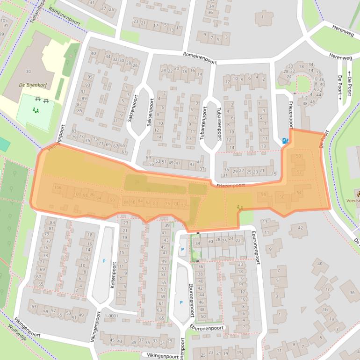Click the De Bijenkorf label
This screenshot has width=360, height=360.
click(28, 85)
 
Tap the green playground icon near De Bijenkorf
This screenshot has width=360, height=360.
click(35, 110)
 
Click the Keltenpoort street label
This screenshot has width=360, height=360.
click(114, 274)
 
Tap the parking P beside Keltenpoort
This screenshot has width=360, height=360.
click(104, 261)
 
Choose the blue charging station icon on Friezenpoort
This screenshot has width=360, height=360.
click(285, 140)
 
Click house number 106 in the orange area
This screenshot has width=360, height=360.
click(58, 187)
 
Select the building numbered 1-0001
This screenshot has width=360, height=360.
click(112, 316)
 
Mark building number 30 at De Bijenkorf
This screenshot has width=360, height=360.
click(28, 71)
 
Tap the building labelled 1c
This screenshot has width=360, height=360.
click(328, 290)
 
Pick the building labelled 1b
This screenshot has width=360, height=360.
click(324, 310)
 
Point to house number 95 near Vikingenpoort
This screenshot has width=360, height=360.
click(90, 77)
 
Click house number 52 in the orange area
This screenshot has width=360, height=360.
click(299, 172)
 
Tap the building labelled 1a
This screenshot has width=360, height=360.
click(332, 319)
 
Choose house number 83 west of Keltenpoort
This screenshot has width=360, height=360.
click(52, 222)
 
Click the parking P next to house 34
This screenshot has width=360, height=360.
click(182, 250)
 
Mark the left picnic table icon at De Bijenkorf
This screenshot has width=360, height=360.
click(37, 99)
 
